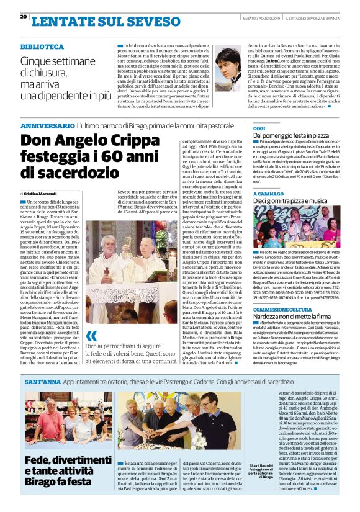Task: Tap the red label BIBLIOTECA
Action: (x=41, y=47)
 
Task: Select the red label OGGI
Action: (x=259, y=128)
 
